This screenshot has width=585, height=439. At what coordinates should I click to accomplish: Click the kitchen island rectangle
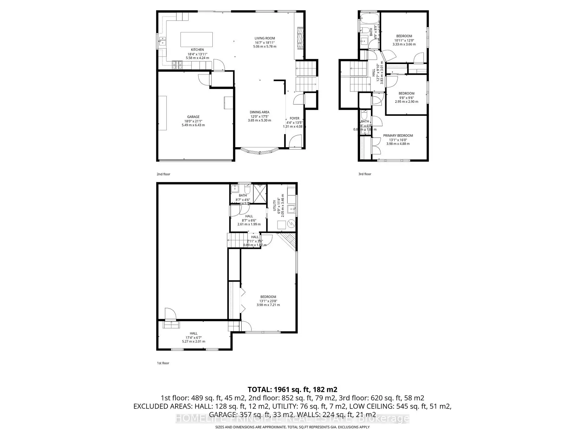(x=197, y=39)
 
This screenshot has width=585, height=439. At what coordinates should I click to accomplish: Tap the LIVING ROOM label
(x=264, y=38)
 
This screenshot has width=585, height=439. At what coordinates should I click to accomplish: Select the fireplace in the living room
(x=300, y=38)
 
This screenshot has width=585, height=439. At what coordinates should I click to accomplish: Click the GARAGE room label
(x=193, y=117)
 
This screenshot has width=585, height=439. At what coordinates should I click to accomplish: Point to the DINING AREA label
(x=259, y=112)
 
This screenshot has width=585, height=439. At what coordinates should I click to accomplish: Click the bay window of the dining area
(x=260, y=152)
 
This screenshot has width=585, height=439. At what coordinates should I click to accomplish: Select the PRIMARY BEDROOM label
(x=398, y=136)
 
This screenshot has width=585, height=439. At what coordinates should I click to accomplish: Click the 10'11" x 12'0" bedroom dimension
(x=404, y=40)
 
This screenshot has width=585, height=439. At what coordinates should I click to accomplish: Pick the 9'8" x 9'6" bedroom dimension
(x=406, y=98)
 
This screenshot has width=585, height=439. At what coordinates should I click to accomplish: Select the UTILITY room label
(x=275, y=206)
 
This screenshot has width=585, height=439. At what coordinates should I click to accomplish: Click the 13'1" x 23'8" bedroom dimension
(x=268, y=301)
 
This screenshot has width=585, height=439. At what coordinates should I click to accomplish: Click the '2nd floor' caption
(x=163, y=174)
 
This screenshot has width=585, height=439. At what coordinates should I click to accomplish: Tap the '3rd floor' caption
(x=365, y=174)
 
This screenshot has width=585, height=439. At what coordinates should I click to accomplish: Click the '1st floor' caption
(x=163, y=363)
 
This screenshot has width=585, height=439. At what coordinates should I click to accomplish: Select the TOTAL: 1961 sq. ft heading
(x=292, y=389)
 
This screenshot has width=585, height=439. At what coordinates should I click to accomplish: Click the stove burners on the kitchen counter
(x=178, y=64)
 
